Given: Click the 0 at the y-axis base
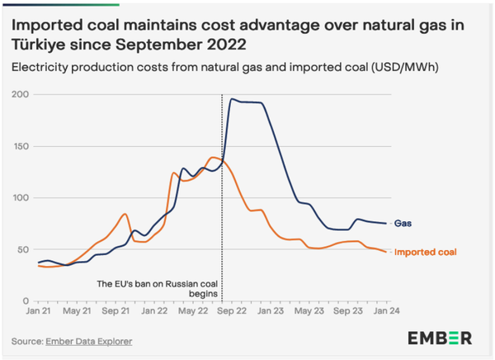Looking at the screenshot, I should (x=26, y=301).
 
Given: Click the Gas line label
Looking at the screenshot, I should (x=403, y=223).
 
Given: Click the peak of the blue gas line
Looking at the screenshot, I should (x=233, y=99).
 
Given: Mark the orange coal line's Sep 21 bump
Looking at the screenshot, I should (x=125, y=214).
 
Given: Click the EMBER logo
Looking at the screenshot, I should (x=440, y=338).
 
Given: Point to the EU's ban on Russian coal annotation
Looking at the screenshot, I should (x=158, y=288).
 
